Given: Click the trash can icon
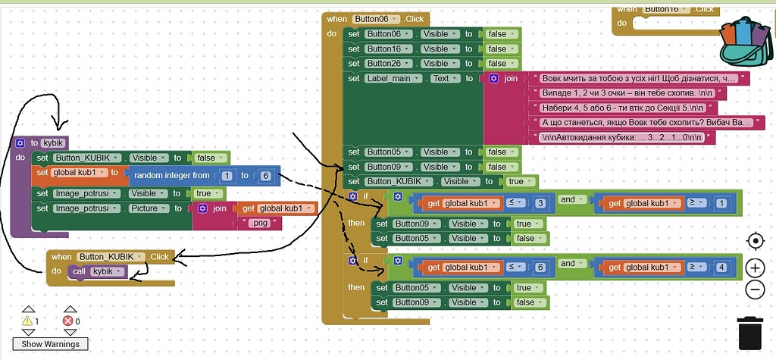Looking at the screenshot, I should tap(749, 332).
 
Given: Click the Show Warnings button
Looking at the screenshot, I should tap(50, 344).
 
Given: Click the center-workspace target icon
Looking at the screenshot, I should tap(755, 241).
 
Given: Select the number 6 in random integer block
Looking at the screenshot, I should tap(264, 176).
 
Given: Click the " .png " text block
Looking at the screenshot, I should tap(260, 224).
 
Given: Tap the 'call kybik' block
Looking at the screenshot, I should tap(99, 271).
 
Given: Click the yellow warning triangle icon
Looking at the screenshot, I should tap(29, 321).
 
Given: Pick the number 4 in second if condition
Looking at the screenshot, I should tap(721, 267).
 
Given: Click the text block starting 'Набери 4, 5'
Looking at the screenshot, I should tap(625, 108).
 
